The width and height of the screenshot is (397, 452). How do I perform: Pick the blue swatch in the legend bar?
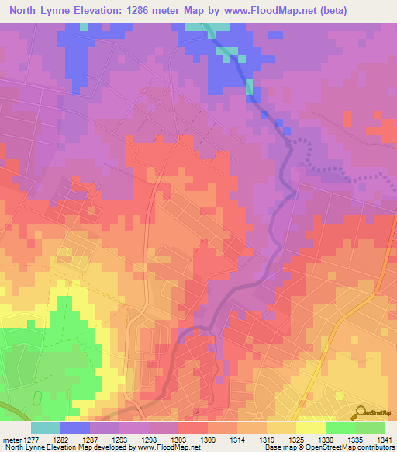[74, 428]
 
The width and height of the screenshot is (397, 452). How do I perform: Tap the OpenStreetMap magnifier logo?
[361, 412]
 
